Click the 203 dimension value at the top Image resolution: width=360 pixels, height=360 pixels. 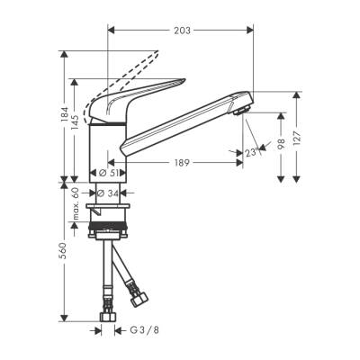tap(182, 30)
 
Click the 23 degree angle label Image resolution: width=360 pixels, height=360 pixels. tap(249, 153)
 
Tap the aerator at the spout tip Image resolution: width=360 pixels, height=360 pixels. tap(242, 110)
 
